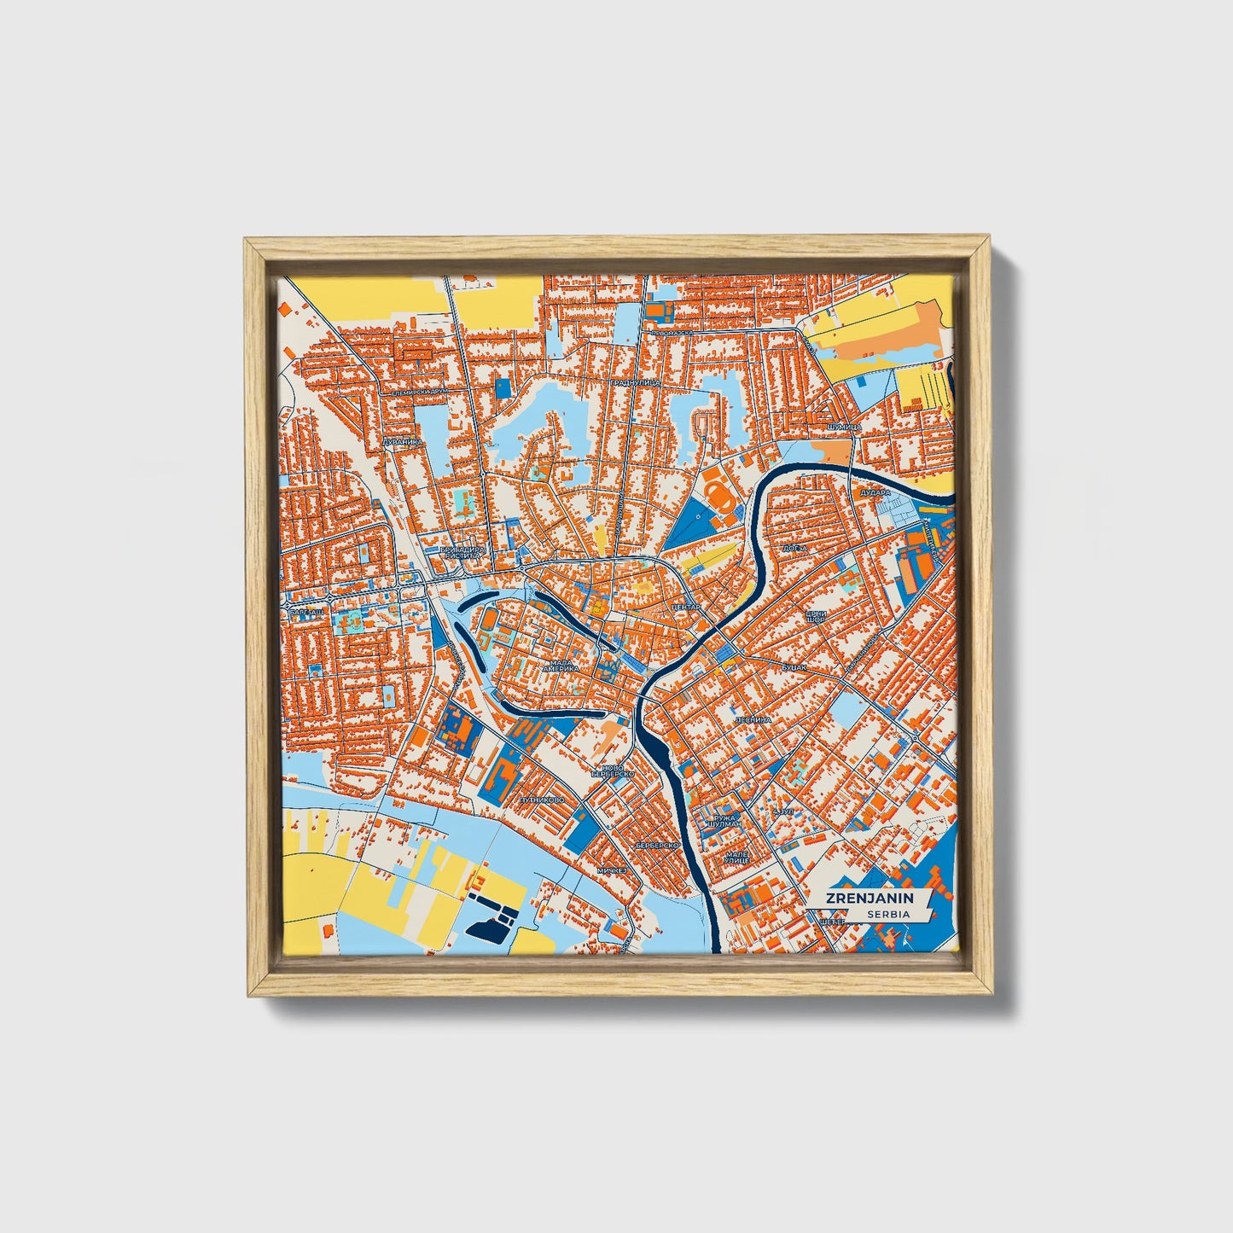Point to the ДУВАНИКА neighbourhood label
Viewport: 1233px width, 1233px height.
403,442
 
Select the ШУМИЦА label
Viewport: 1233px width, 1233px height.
846,426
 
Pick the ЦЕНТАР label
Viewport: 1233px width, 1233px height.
686,607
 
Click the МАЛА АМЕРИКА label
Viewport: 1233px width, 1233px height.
564,666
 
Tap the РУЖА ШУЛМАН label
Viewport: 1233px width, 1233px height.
720,822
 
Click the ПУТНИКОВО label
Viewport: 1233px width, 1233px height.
541,801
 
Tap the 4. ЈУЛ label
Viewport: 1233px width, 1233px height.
782,811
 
